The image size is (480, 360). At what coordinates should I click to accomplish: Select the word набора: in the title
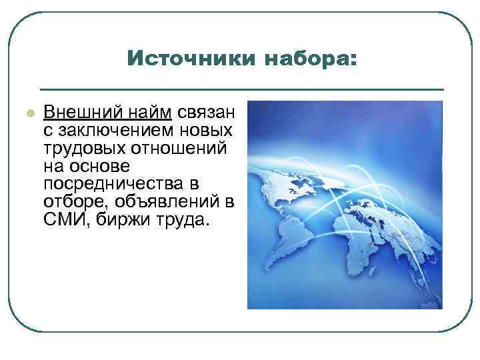311,59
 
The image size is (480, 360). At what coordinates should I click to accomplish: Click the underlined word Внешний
73,111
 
